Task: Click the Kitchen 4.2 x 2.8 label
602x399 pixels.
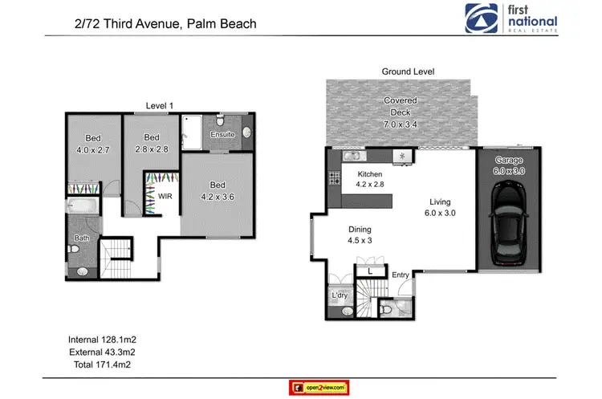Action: pos(370,179)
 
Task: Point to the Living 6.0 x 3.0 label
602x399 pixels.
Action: pos(439,207)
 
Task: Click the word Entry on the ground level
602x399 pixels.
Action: pos(401,275)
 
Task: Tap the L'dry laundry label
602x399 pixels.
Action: pos(340,296)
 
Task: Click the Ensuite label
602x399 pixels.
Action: pos(222,135)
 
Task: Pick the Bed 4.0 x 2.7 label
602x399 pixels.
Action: pos(93,143)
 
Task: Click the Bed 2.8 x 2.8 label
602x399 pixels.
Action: pos(151,143)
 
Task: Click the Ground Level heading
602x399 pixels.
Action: pos(407,71)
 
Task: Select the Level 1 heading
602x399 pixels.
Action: pos(159,105)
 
